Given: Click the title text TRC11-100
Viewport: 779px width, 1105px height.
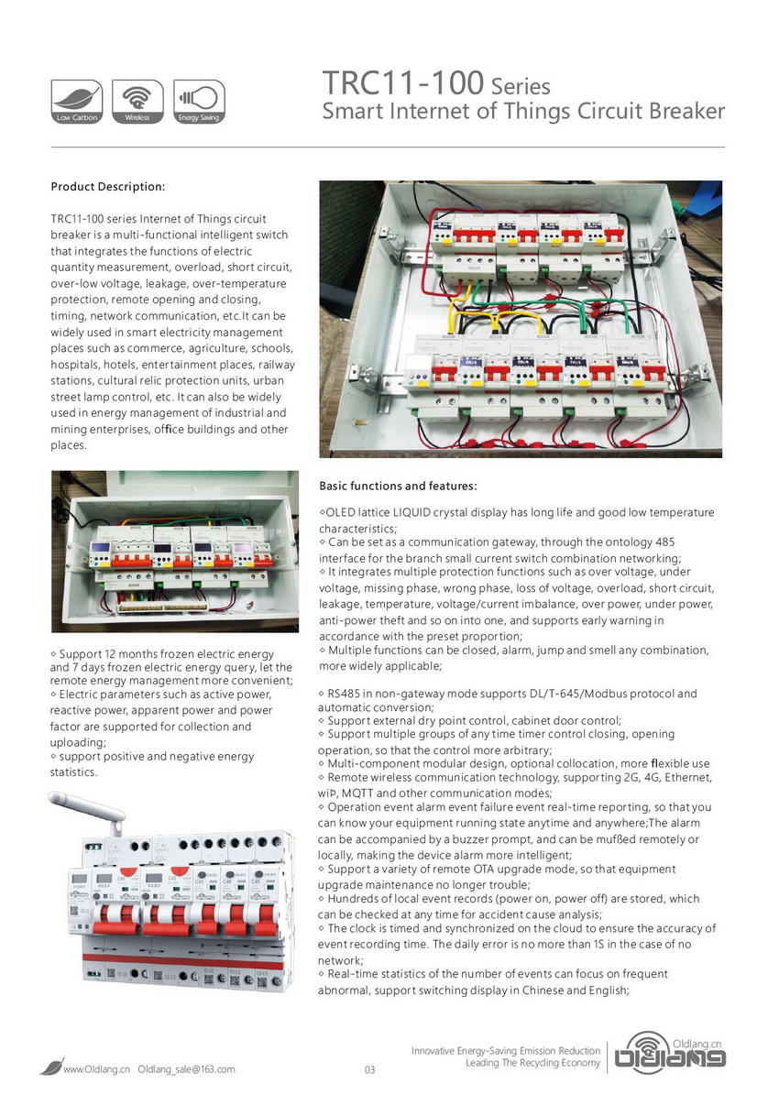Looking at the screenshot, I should coord(402,84).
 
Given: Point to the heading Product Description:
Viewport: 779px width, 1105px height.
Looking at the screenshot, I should coord(107,187).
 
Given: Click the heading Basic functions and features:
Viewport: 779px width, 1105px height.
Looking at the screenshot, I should coord(397,486).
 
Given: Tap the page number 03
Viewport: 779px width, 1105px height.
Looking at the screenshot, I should coord(370,1070).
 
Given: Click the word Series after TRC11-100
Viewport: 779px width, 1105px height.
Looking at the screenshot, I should coord(520,88).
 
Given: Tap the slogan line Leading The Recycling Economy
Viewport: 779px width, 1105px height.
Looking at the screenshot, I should coord(532,1064).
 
